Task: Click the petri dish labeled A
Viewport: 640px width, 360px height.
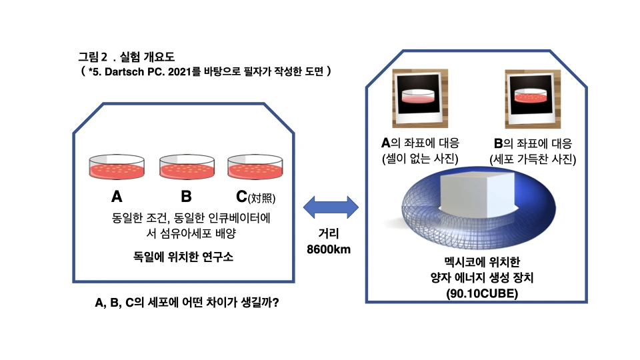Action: coord(117,167)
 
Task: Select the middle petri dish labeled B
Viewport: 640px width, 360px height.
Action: coord(186,167)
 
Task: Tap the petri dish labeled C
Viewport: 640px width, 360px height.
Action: coord(255,167)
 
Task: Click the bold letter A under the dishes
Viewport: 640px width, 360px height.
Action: coord(117,197)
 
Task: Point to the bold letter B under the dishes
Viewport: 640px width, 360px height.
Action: coord(186,197)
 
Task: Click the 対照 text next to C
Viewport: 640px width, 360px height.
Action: coord(261,198)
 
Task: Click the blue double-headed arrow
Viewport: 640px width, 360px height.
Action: coord(331,206)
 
